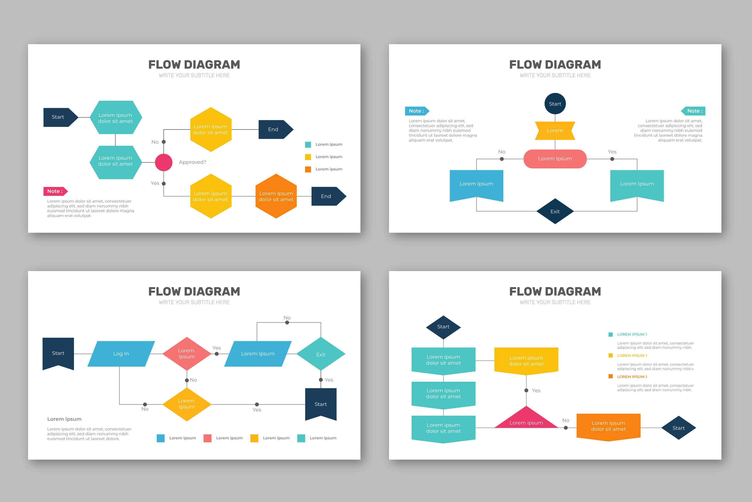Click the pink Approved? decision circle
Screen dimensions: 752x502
(x=164, y=162)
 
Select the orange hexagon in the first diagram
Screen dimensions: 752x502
(x=276, y=196)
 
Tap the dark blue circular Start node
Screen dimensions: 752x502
(x=555, y=104)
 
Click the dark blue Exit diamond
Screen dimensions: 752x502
(x=555, y=211)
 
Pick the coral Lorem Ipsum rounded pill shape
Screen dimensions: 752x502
(x=555, y=158)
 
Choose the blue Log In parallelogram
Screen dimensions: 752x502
(x=121, y=354)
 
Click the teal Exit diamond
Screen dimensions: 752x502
(x=321, y=354)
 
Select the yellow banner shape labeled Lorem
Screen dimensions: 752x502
(x=555, y=131)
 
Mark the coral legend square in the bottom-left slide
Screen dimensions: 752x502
(x=208, y=438)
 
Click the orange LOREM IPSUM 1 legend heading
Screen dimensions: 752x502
(x=632, y=376)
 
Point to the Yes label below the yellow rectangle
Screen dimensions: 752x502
(x=536, y=391)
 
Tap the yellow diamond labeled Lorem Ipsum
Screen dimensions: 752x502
(x=187, y=404)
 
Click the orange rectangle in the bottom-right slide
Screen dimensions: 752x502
(x=608, y=426)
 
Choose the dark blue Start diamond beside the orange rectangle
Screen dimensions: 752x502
(x=679, y=428)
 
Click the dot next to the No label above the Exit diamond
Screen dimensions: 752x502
(x=287, y=322)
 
